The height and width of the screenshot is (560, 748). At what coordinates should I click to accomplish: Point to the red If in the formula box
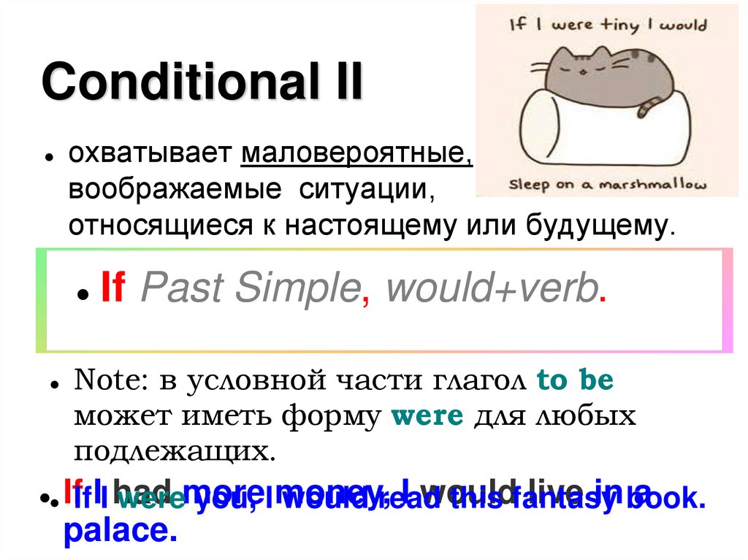click(x=112, y=290)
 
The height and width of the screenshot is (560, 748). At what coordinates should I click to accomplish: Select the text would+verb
click(x=491, y=290)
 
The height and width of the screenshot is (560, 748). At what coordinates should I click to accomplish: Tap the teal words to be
click(x=575, y=380)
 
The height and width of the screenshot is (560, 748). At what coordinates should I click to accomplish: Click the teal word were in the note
click(x=427, y=416)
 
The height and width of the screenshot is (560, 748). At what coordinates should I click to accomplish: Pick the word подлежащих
click(x=175, y=451)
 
